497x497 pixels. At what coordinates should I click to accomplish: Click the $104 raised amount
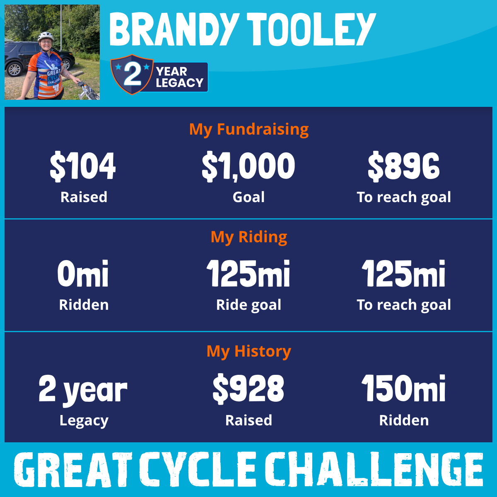(x=82, y=166)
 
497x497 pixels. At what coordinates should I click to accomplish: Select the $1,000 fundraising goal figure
(x=248, y=166)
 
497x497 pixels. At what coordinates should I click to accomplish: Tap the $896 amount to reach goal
(x=404, y=166)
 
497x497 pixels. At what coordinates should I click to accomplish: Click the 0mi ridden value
(x=83, y=273)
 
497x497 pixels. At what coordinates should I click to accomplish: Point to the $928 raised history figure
(x=248, y=389)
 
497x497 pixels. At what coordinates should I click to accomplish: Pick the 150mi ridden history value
(x=404, y=388)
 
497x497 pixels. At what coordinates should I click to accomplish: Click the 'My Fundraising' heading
(x=249, y=130)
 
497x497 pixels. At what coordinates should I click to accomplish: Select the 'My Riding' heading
(x=249, y=237)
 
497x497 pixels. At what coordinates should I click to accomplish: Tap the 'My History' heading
(x=249, y=352)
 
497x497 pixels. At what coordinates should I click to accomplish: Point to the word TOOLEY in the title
(x=313, y=29)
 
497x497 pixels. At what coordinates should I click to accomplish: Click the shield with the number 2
(x=132, y=74)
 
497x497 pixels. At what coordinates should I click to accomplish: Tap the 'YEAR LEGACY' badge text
(x=179, y=77)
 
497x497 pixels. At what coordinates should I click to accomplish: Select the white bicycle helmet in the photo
(x=46, y=36)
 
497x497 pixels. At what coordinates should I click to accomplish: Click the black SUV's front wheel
(x=14, y=69)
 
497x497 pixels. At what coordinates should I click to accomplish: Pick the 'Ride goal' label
(x=248, y=305)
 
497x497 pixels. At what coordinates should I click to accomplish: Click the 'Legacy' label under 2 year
(x=84, y=421)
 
